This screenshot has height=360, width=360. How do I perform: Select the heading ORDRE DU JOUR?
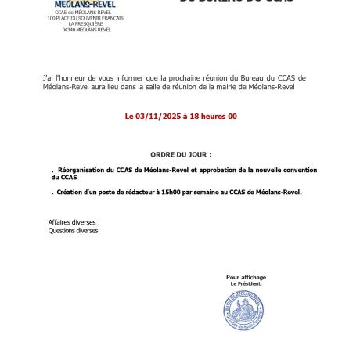point(180,155)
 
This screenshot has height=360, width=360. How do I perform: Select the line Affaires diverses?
point(74,222)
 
